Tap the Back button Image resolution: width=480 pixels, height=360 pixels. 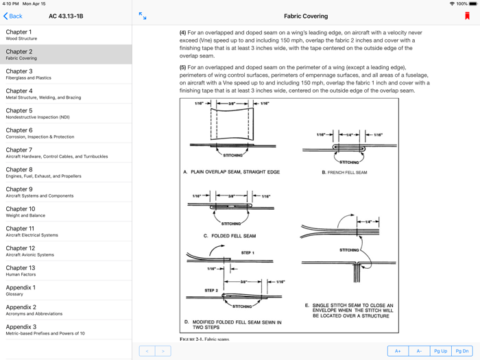pos(13,16)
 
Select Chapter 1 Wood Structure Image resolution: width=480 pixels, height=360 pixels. pos(65,35)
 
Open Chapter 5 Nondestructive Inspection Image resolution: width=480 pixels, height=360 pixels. pos(65,114)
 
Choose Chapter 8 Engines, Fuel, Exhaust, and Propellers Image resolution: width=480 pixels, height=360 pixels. pos(65,173)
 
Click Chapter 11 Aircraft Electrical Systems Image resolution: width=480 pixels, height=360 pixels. pos(65,232)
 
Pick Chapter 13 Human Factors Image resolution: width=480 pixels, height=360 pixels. pos(65,271)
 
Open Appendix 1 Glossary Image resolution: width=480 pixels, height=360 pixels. pos(65,291)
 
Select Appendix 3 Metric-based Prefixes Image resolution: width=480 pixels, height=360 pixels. pos(65,330)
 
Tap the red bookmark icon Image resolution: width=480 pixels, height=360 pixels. pos(467,16)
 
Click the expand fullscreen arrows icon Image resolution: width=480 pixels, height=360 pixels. pos(143,16)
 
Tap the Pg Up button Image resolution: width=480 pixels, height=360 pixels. pos(440,350)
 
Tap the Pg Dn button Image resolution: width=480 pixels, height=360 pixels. pos(462,350)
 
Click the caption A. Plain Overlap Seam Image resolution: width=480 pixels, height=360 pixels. pos(231,172)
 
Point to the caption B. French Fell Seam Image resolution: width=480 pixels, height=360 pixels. pos(344,173)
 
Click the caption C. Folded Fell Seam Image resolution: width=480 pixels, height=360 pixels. pos(230,236)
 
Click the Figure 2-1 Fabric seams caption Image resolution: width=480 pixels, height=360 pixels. pos(204,339)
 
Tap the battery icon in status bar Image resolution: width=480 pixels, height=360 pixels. pos(472,3)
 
